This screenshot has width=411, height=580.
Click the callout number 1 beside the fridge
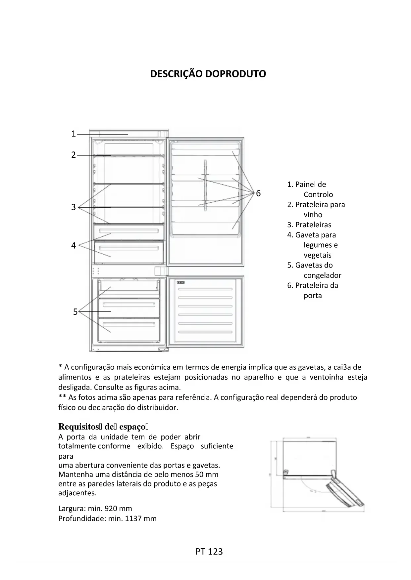74,134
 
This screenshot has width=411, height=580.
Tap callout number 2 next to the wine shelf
74,155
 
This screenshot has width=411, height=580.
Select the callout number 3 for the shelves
74,207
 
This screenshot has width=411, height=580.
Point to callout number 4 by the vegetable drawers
74,245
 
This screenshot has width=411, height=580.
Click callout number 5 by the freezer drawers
75,312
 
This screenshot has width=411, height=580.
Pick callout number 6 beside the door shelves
258,193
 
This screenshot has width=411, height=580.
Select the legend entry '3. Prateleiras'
309,225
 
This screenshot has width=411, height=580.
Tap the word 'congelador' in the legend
322,275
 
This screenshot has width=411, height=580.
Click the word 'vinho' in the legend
313,215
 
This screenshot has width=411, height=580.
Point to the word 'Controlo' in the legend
318,194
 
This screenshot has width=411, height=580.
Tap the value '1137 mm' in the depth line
141,518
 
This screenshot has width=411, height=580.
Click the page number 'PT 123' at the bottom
209,552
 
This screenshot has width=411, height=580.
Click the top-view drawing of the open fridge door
317,475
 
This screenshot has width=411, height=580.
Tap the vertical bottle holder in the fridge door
205,185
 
